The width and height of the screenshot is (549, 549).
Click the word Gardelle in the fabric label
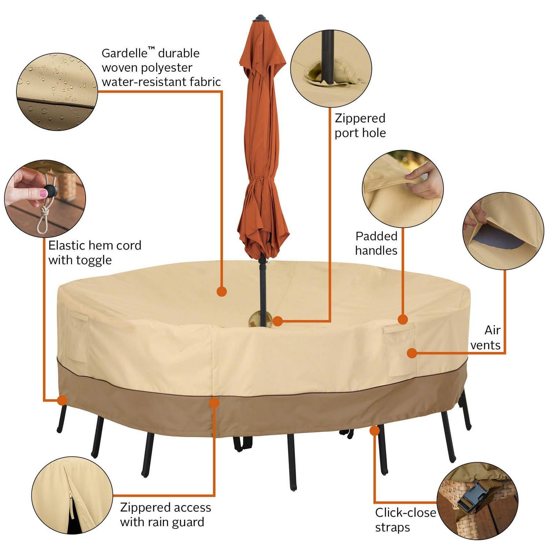click(x=124, y=53)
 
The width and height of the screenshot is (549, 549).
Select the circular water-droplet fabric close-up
click(x=57, y=91)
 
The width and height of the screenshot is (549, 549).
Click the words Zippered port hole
click(x=360, y=125)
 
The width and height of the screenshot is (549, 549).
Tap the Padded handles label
click(x=376, y=243)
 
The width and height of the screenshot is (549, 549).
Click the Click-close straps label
click(x=406, y=520)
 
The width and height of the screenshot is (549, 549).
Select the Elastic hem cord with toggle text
click(x=95, y=252)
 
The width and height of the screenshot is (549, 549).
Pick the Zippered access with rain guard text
click(x=165, y=515)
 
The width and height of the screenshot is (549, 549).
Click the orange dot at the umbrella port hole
click(x=278, y=321)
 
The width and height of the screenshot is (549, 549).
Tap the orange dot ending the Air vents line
click(x=412, y=353)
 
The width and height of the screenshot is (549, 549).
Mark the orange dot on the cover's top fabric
click(x=221, y=291)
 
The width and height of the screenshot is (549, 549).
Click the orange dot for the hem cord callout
click(x=63, y=400)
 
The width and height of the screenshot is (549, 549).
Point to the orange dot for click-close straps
click(x=374, y=430)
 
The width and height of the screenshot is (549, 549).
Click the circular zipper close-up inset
click(x=72, y=495)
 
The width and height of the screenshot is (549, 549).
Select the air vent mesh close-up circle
click(x=503, y=231)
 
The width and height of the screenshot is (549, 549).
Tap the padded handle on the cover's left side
click(x=77, y=315)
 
